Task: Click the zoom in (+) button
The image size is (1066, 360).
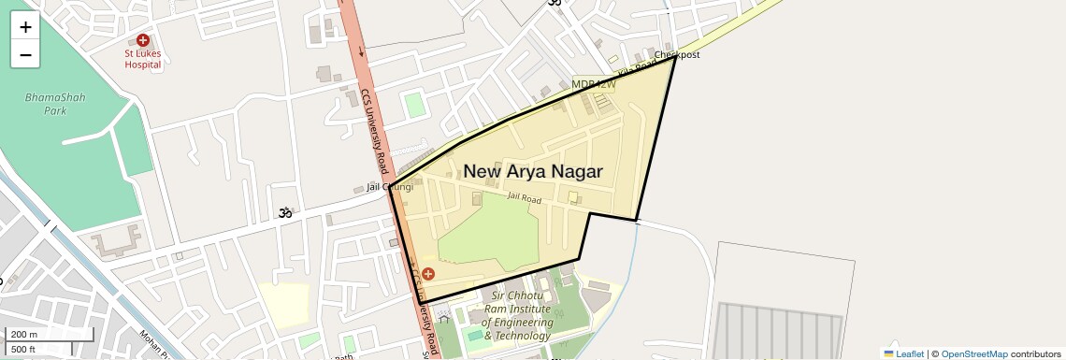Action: pyautogui.click(x=25, y=27)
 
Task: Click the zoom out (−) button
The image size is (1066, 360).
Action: pyautogui.click(x=25, y=55)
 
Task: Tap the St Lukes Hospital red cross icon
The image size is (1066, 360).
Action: pyautogui.click(x=143, y=40)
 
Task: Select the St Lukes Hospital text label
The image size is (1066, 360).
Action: pyautogui.click(x=143, y=59)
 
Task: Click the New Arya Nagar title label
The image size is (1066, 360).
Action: pyautogui.click(x=533, y=171)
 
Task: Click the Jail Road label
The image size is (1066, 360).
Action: pyautogui.click(x=525, y=198)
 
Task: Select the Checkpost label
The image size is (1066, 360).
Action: pyautogui.click(x=677, y=55)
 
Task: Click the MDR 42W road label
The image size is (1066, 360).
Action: pyautogui.click(x=594, y=85)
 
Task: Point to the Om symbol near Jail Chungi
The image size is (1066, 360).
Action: pyautogui.click(x=285, y=214)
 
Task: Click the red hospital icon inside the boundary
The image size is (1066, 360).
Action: pyautogui.click(x=428, y=274)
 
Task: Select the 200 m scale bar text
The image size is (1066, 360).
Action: pyautogui.click(x=24, y=335)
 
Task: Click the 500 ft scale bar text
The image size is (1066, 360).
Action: pyautogui.click(x=23, y=350)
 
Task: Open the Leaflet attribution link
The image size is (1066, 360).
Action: pyautogui.click(x=903, y=353)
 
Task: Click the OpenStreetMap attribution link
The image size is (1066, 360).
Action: pyautogui.click(x=973, y=353)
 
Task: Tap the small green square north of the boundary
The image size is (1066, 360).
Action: pyautogui.click(x=415, y=104)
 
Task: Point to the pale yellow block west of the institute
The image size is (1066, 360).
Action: pyautogui.click(x=283, y=305)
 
